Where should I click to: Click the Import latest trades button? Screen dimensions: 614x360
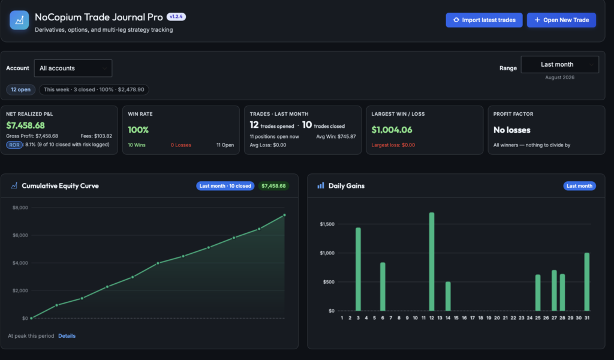coord(484,20)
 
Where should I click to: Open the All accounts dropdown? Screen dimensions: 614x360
coord(73,68)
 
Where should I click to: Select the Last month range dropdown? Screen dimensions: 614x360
coord(559,64)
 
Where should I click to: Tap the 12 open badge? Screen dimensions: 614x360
coord(21,89)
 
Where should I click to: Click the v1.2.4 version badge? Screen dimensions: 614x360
coord(176,16)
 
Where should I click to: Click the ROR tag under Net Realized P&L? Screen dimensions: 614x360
coord(14,145)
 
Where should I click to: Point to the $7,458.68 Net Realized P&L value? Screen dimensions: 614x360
coord(25,125)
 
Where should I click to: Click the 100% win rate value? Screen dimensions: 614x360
coord(139,130)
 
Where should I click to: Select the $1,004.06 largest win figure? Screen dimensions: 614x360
coord(392,130)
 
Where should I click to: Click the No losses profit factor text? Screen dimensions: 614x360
coord(512,130)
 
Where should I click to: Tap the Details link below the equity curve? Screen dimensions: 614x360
coord(67,336)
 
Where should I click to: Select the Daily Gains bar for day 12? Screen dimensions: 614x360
coord(432,262)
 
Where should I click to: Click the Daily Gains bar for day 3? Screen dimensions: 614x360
coord(359,269)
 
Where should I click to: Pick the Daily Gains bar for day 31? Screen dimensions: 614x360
coord(587,281)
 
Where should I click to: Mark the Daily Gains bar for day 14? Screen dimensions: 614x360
coord(448,296)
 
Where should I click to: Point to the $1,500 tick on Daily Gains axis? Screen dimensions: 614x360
coord(327,224)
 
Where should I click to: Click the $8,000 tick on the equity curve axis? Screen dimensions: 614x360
coord(20,208)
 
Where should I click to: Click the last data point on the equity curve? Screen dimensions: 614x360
coord(284,215)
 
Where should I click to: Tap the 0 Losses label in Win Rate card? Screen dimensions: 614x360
coord(181,145)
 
